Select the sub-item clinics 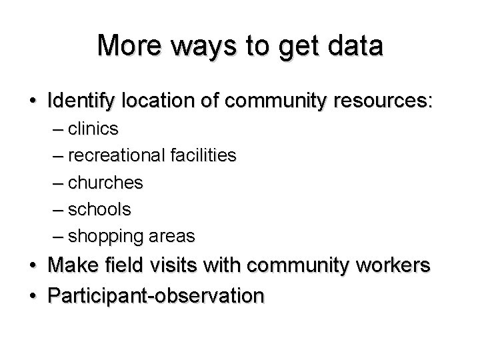[x=93, y=128]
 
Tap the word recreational [x=113, y=155]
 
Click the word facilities [x=199, y=155]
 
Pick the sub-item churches [x=105, y=182]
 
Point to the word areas [x=172, y=236]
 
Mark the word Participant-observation [x=156, y=295]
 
